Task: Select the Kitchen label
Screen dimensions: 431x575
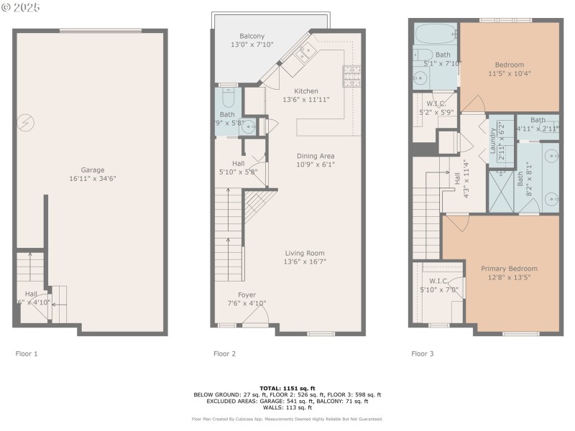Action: [x=306, y=91]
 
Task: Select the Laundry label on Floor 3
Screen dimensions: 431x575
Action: [x=494, y=136]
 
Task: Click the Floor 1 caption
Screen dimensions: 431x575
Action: [x=27, y=353]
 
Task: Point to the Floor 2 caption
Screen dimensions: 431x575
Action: [x=225, y=353]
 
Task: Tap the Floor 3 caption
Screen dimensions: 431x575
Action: [x=423, y=353]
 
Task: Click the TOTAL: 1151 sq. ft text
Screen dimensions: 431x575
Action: [x=287, y=388]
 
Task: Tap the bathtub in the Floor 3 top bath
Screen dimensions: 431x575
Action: [x=435, y=33]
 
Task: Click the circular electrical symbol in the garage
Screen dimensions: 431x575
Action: [x=26, y=123]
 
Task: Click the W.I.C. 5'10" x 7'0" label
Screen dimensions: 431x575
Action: [x=439, y=284]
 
